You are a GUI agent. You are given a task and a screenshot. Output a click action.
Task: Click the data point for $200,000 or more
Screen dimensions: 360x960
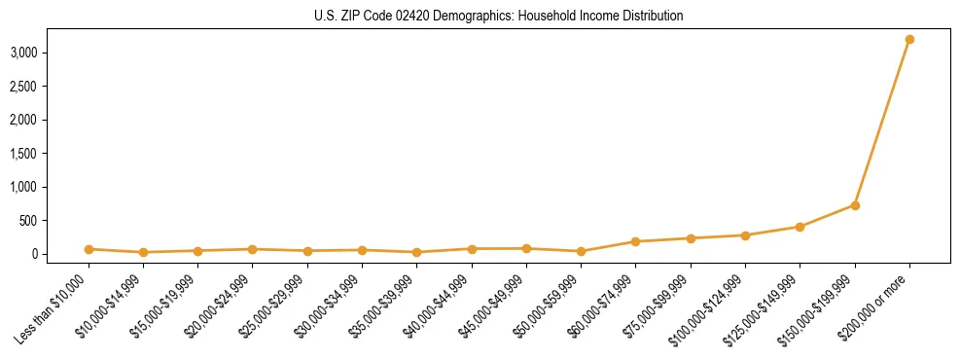(909, 39)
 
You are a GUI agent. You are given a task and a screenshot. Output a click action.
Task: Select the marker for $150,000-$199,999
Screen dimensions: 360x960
(855, 205)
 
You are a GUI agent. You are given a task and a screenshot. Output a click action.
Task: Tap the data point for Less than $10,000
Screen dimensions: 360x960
(89, 249)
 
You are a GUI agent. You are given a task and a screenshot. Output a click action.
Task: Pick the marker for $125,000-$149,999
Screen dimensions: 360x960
(800, 227)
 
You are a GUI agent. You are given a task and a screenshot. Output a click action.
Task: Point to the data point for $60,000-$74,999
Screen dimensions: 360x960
(635, 241)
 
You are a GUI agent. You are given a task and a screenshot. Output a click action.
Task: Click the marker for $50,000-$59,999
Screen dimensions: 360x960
(581, 251)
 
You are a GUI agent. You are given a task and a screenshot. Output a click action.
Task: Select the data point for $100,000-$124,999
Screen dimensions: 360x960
(745, 235)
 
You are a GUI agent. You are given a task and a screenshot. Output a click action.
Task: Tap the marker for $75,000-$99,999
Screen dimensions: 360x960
(691, 238)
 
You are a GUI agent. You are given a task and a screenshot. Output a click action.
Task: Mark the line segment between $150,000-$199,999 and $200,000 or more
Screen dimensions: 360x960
(882, 123)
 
